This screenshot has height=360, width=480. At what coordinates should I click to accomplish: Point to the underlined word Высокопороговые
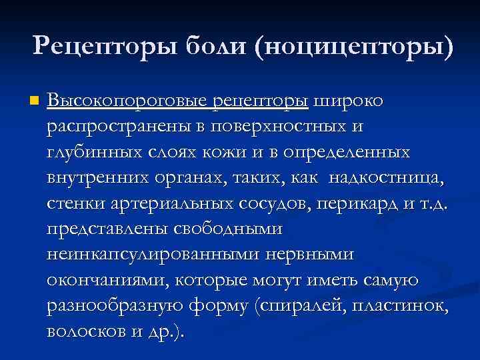(x=127, y=101)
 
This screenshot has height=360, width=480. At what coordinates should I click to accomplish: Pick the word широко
(x=348, y=101)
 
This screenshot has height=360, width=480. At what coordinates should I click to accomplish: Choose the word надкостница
(x=383, y=178)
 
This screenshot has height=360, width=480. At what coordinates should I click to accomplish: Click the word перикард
(x=363, y=203)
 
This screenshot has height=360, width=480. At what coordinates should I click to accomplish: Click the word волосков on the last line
(x=84, y=331)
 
